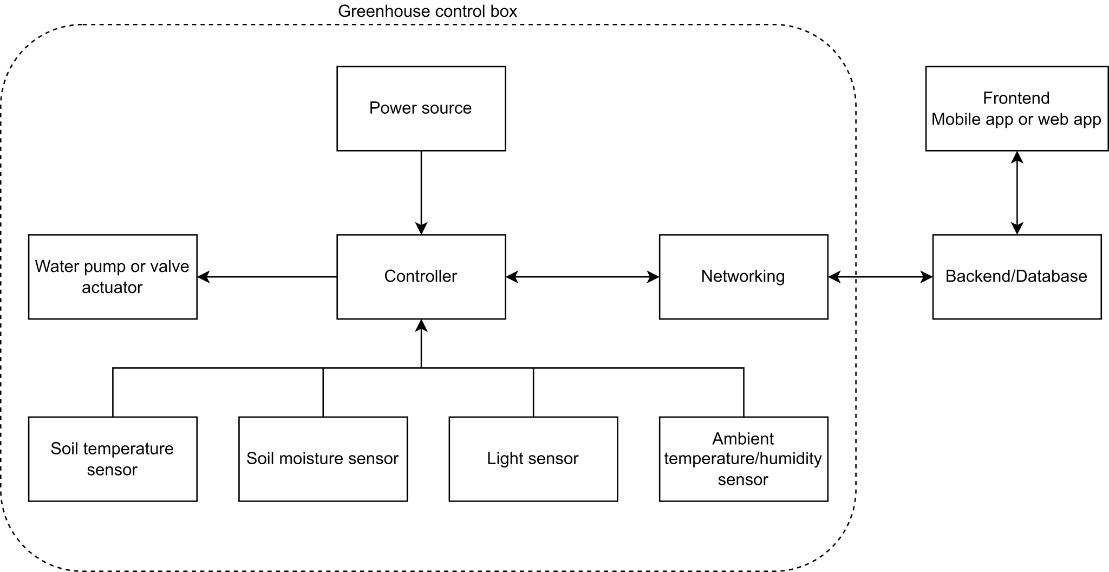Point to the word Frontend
(1016, 98)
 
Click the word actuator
(112, 287)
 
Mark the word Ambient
(743, 438)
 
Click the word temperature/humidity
(743, 459)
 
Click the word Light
(505, 459)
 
